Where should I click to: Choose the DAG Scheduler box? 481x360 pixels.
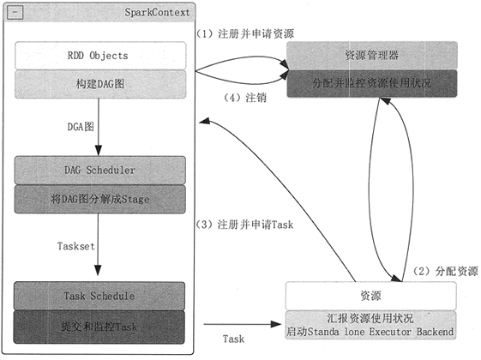pos(100,170)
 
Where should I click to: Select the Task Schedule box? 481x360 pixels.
pos(100,296)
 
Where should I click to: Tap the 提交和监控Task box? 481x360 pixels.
pos(100,327)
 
